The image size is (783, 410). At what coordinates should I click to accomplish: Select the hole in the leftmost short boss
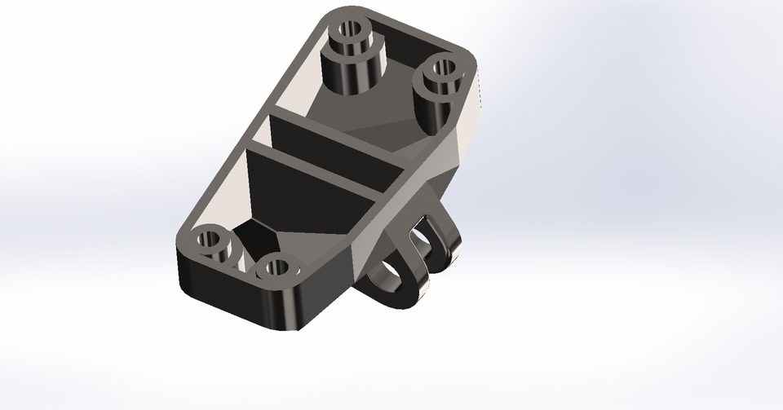(210, 240)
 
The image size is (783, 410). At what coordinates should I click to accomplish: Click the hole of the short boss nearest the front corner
(276, 267)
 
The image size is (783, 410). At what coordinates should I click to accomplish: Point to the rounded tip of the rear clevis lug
(445, 253)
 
